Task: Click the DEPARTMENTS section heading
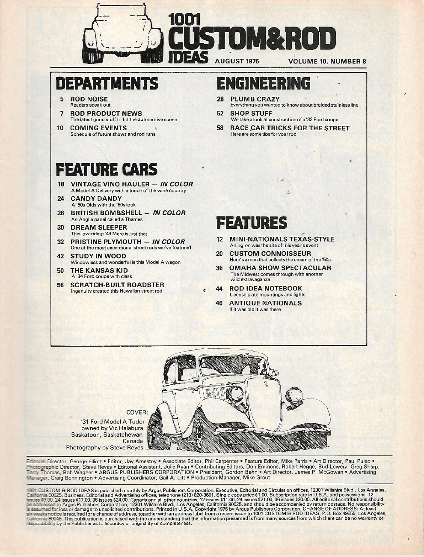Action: pos(107,83)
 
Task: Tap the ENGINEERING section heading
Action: pos(263,83)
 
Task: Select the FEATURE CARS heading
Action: pos(107,169)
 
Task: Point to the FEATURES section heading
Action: pos(251,223)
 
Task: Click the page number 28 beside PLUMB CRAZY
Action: pos(220,99)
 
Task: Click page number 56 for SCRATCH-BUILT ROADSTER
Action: pos(61,284)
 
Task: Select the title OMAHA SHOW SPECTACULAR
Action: pos(280,268)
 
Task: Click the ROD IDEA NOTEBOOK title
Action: pos(266,288)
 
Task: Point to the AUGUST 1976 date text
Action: pos(237,61)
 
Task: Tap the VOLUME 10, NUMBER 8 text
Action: pos(327,61)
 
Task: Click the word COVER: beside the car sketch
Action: pos(137,412)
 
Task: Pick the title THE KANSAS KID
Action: pos(93,270)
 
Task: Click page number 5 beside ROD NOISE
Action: pos(62,99)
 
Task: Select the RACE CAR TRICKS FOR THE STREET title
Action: pos(290,128)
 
